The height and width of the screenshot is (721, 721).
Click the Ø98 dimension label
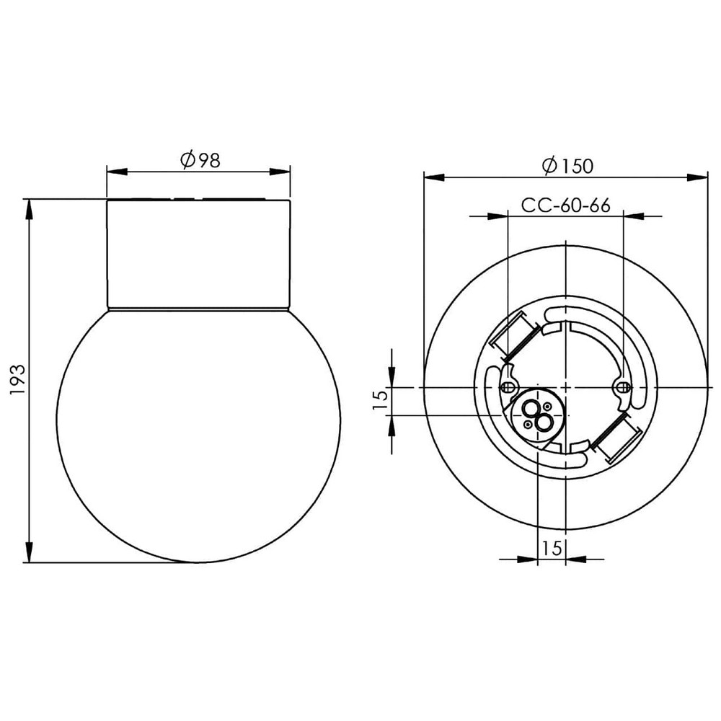point(200,160)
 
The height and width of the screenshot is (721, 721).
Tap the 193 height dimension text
point(17,380)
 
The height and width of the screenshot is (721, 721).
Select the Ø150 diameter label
point(567,166)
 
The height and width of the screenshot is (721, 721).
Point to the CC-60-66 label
point(565,205)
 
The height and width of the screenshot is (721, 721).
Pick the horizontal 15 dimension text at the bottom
point(552,548)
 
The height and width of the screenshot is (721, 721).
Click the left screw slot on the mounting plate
point(508,387)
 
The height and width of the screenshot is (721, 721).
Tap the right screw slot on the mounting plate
point(623,387)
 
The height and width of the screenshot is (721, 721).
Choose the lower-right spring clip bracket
point(616,438)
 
